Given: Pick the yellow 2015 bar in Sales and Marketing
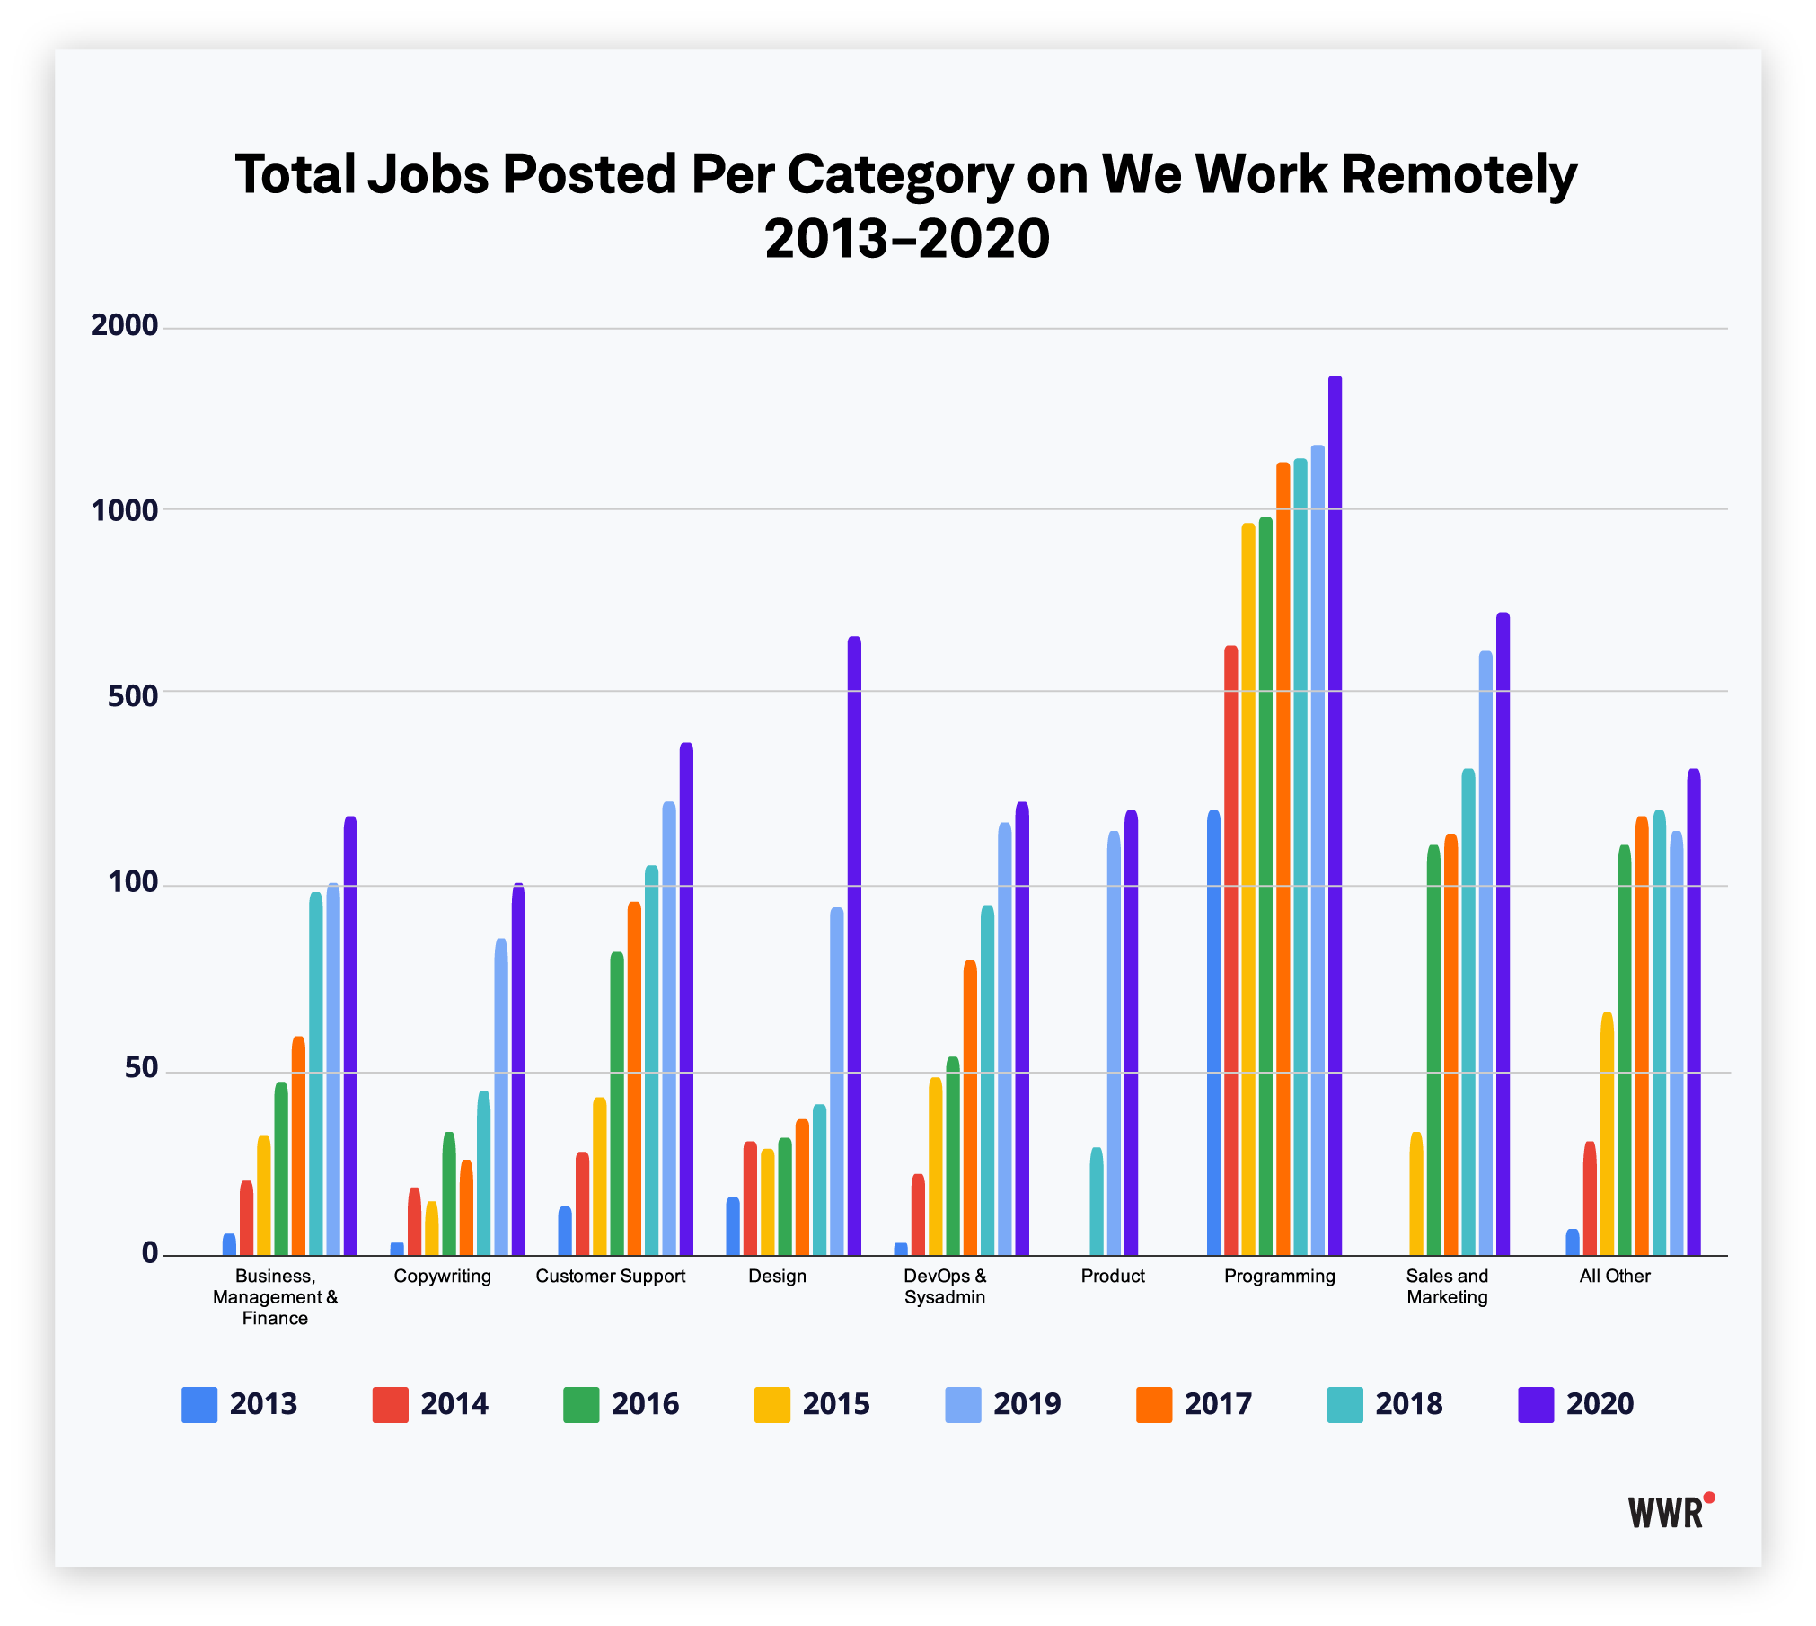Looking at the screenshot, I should tap(1416, 1194).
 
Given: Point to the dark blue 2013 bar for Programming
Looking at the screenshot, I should tap(1213, 1033).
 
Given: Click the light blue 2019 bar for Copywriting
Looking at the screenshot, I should tap(501, 1097).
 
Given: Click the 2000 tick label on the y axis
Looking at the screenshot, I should tap(125, 326).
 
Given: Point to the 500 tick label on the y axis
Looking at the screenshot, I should tap(133, 695).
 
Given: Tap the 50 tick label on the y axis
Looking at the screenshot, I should tap(141, 1068).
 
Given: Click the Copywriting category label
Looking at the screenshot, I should tap(443, 1277).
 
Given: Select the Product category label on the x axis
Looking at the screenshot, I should tap(1113, 1277).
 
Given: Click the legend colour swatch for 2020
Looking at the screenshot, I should tap(1535, 1404).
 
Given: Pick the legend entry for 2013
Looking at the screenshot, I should tap(240, 1404).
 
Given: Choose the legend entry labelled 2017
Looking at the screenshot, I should tap(1195, 1404).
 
